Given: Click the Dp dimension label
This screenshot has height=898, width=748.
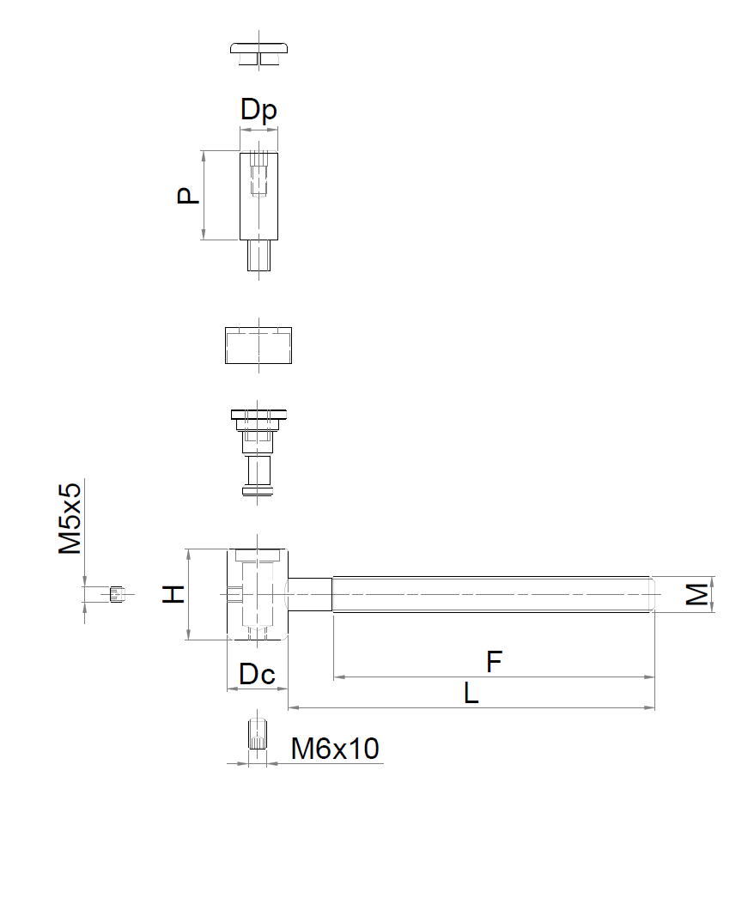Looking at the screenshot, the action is pos(258,109).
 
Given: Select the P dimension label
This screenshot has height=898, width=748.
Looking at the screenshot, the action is pos(188,196).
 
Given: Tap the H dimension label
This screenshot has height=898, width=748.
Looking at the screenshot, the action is pos(173,594).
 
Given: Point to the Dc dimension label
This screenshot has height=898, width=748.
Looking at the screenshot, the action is pos(257,674).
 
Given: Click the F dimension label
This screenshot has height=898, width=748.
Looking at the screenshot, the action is pos(494,662).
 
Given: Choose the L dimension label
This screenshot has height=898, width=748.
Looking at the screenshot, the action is pos(471,694).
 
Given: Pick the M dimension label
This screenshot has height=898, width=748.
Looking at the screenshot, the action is pos(696,594).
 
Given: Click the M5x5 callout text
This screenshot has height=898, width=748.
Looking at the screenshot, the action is pos(70,519).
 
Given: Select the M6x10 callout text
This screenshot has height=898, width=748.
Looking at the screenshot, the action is pos(335,749).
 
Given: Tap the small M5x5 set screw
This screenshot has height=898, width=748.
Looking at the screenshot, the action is pos(116,594).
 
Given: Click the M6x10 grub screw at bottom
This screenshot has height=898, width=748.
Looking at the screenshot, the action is pos(258,733).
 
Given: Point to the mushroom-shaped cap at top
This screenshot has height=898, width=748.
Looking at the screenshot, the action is pos(258,53).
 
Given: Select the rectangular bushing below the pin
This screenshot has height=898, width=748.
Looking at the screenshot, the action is pos(258,345).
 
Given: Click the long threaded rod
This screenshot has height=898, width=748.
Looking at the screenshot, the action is pos(493,594).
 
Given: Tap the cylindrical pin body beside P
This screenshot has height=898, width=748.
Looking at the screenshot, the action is pos(258,196).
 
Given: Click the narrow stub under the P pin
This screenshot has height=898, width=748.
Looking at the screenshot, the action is pos(258,255).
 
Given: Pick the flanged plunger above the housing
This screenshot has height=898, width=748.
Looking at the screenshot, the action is pos(258,452).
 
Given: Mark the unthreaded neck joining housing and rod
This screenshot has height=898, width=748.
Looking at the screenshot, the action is pos(310,594).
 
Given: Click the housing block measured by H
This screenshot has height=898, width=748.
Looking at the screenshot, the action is pos(258,594).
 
